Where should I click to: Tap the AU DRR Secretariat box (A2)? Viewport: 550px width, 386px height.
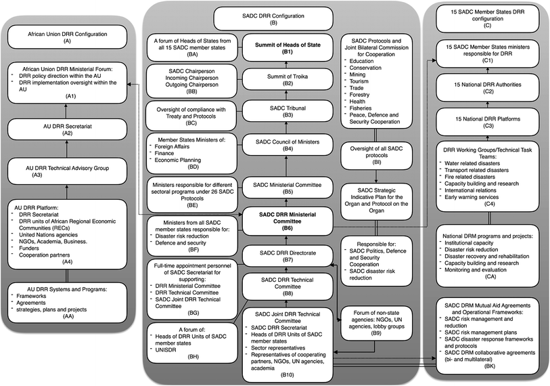(x=67, y=129)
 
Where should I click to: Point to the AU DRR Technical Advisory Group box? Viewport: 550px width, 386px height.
(x=67, y=170)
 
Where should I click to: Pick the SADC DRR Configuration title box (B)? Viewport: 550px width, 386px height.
(x=273, y=18)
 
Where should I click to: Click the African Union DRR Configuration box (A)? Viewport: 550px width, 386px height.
(x=67, y=37)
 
